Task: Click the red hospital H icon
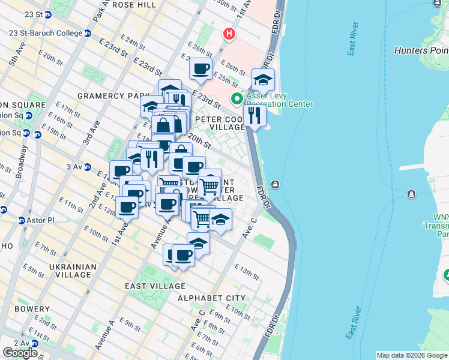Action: [228, 34]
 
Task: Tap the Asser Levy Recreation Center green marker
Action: [237, 99]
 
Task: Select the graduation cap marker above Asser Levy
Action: [263, 79]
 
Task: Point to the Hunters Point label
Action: [420, 51]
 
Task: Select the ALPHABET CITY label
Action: [211, 298]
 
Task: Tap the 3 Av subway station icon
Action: [87, 167]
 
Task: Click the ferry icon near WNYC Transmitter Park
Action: [411, 194]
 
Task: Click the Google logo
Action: [20, 353]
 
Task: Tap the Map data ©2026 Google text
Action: [411, 355]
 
